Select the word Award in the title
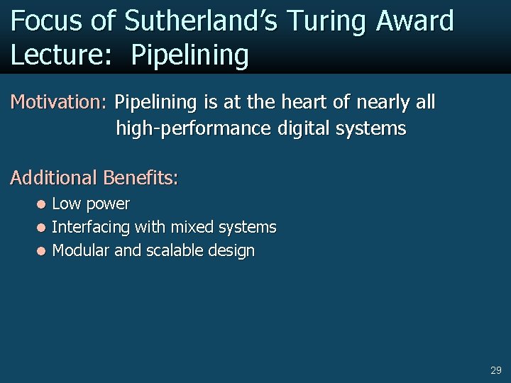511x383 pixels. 415,21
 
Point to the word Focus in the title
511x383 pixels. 48,21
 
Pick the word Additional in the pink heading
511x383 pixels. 53,177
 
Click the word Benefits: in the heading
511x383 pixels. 141,177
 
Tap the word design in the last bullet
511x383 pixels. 231,251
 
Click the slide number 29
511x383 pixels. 495,370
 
